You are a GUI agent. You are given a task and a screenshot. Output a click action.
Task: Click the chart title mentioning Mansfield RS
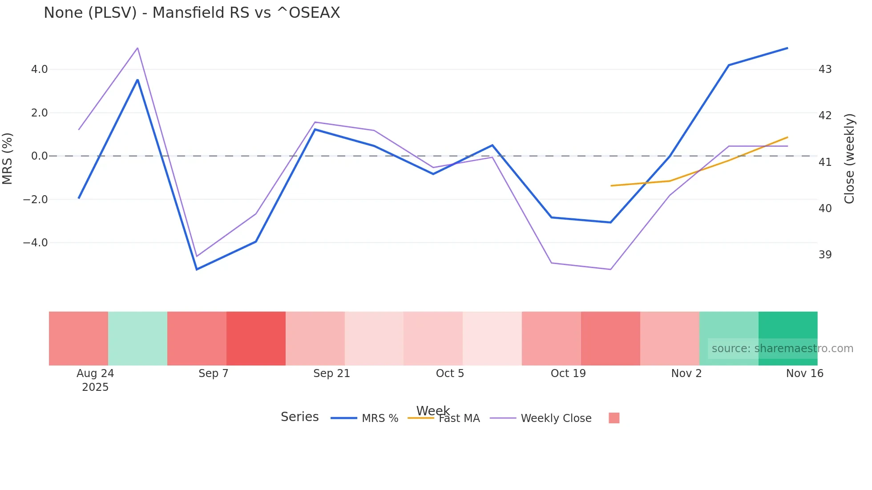point(192,13)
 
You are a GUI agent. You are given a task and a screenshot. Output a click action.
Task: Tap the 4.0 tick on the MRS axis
point(39,69)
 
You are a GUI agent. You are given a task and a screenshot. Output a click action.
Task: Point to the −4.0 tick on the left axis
point(35,243)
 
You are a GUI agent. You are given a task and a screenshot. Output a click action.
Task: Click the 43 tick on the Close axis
point(825,69)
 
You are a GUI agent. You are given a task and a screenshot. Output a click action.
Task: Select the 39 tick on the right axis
point(825,255)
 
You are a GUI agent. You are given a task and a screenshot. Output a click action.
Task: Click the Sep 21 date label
point(331,374)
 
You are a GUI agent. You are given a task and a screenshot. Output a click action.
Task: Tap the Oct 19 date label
point(568,374)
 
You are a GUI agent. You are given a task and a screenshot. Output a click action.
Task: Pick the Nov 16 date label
point(804,374)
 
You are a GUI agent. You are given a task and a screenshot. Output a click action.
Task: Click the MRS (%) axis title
point(8,158)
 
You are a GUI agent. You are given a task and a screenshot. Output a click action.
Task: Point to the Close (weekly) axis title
point(849,159)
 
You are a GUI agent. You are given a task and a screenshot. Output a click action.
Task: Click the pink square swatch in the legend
point(614,418)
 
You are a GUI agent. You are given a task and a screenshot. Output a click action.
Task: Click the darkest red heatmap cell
point(256,338)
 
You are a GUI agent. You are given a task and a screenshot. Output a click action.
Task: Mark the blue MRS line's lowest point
point(197,269)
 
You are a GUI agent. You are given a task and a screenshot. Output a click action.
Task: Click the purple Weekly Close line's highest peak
point(137,48)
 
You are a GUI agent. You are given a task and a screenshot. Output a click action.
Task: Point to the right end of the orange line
point(787,137)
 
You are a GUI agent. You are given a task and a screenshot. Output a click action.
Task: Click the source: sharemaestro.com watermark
point(782,349)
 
